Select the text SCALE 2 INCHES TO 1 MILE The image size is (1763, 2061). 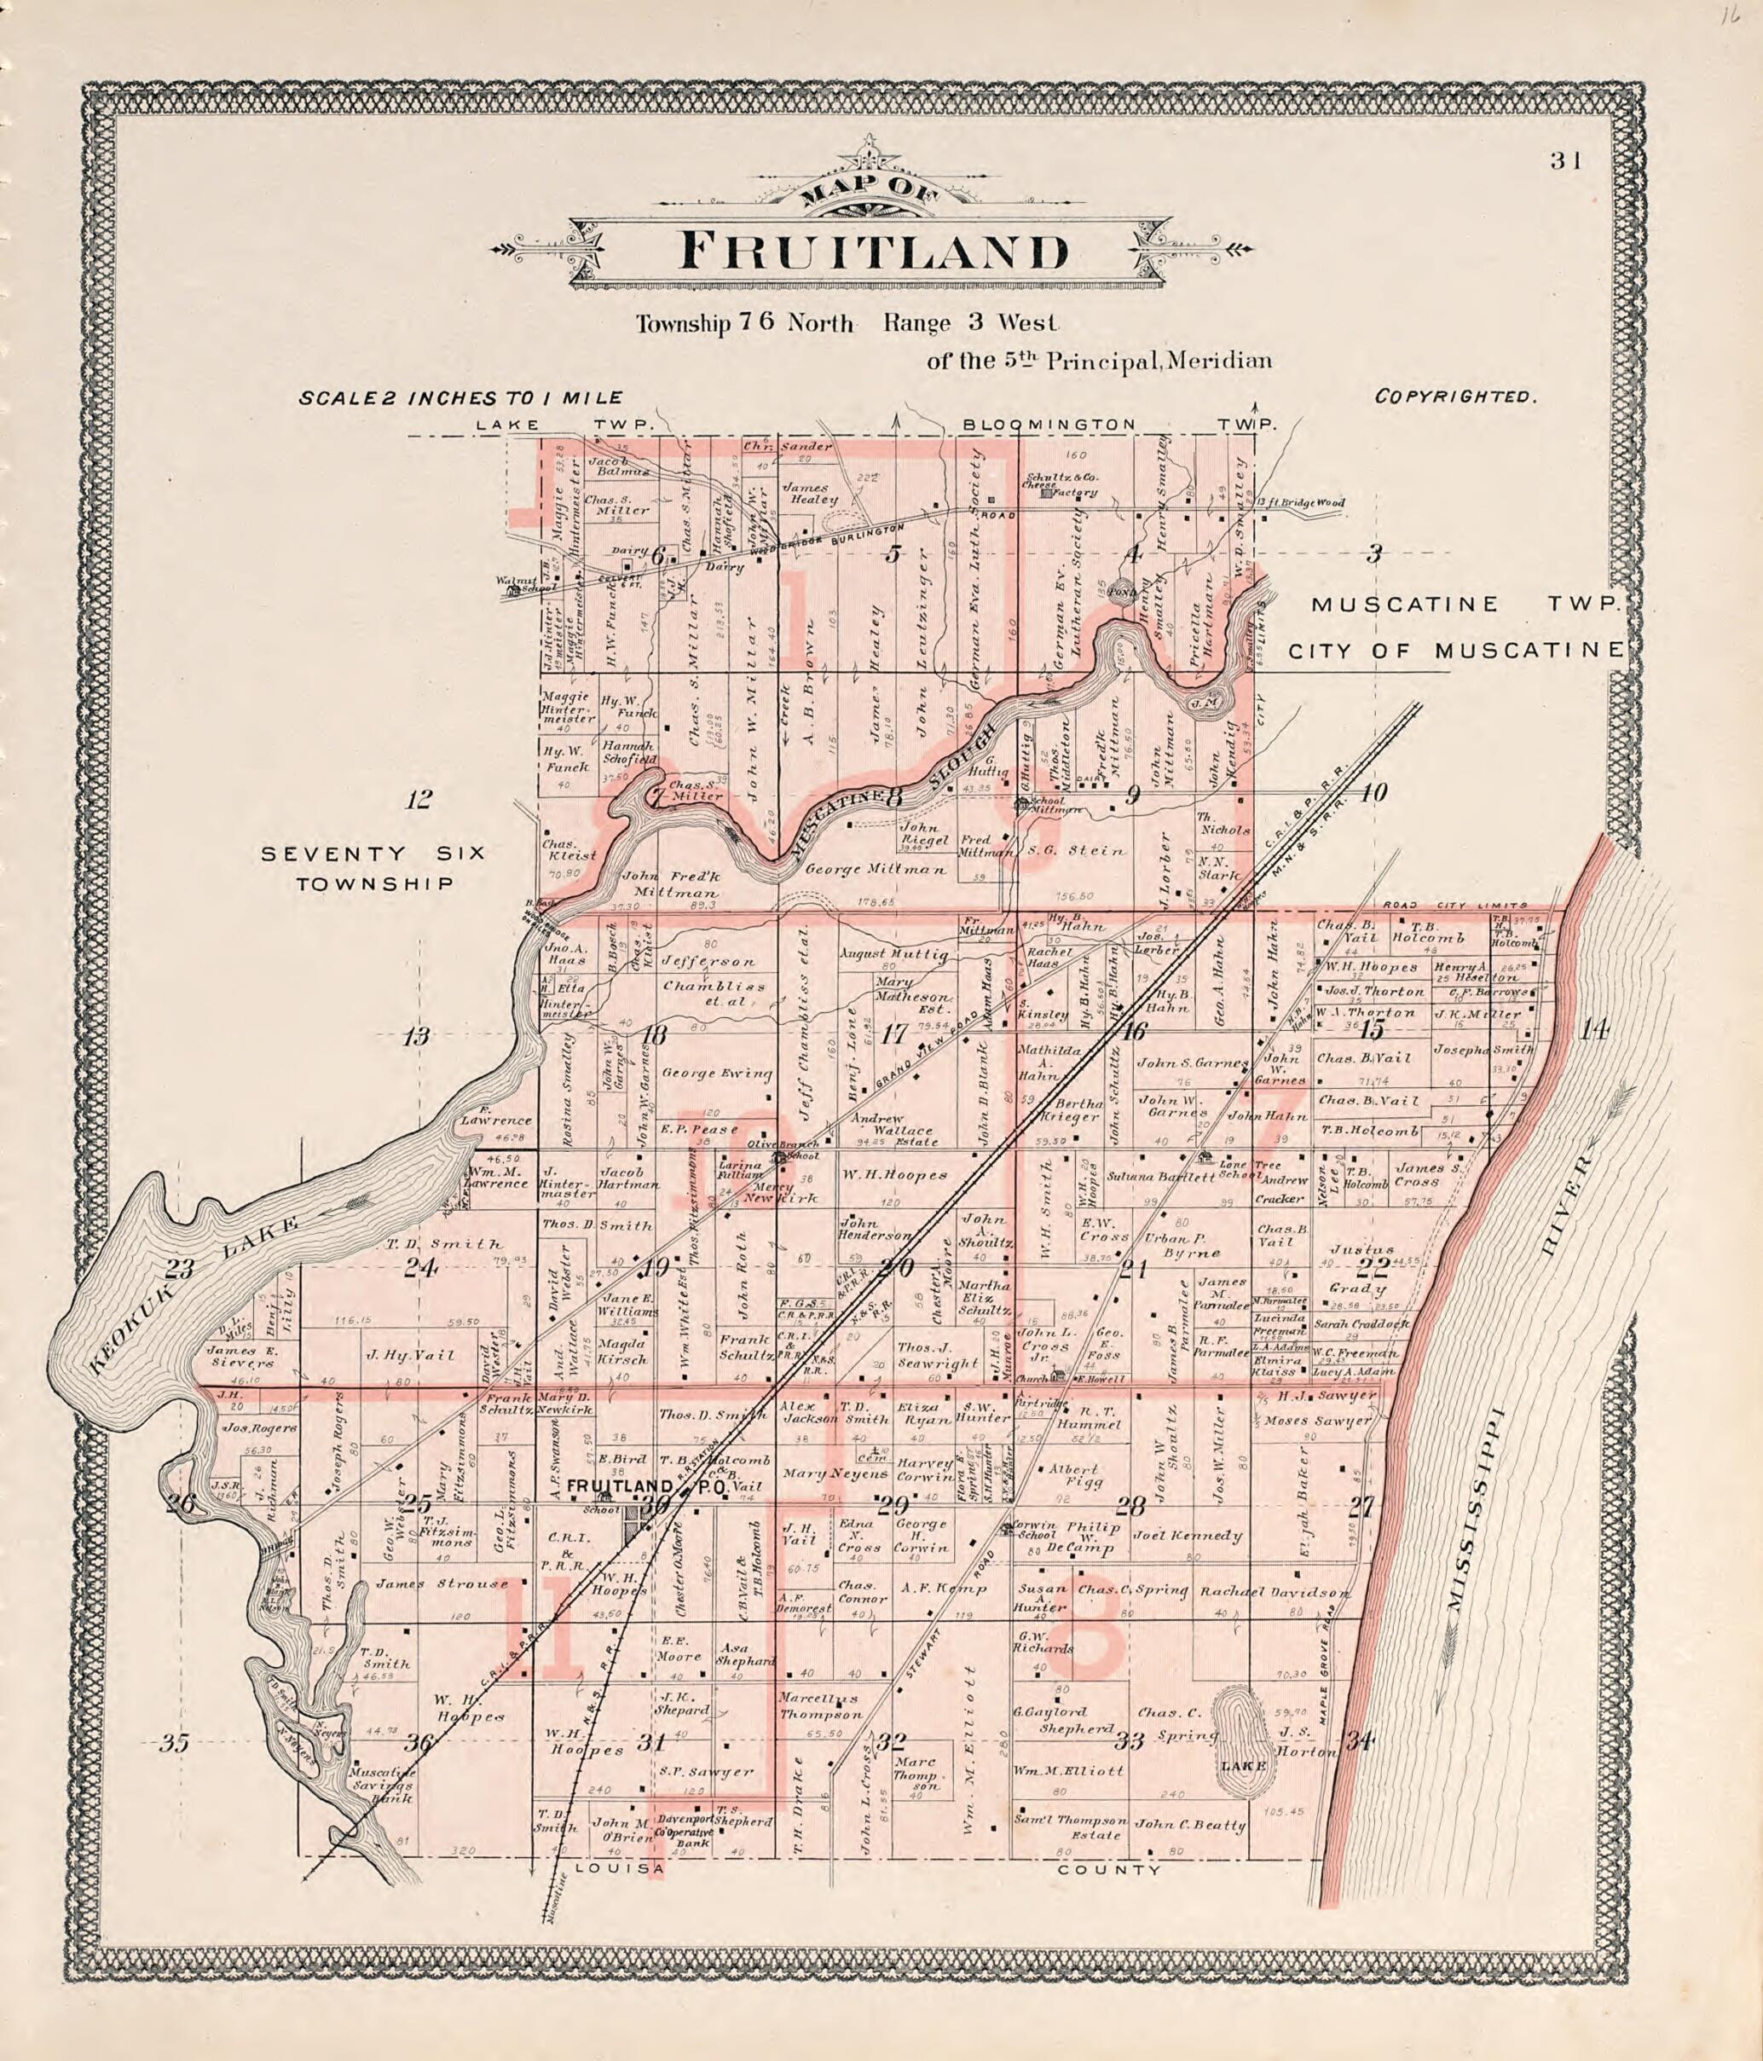(x=461, y=398)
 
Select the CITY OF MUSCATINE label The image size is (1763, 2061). (x=1454, y=651)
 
